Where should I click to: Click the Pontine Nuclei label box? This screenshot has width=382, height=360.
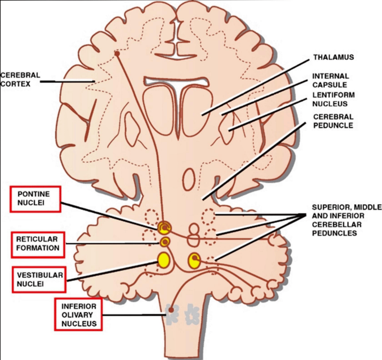(36, 199)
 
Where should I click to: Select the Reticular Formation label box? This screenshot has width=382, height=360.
(38, 244)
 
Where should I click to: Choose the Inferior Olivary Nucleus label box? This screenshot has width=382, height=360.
(78, 314)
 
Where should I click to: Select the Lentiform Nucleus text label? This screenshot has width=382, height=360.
(334, 99)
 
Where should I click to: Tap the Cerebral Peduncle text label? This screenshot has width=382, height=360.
(333, 121)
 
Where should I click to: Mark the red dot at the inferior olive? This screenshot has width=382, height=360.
(171, 309)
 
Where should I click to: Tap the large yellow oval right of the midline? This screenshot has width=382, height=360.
(194, 260)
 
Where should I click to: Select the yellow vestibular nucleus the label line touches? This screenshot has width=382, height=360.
(164, 260)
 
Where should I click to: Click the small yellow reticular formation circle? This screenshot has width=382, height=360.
(165, 242)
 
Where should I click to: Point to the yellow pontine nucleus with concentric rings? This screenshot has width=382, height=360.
(164, 228)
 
